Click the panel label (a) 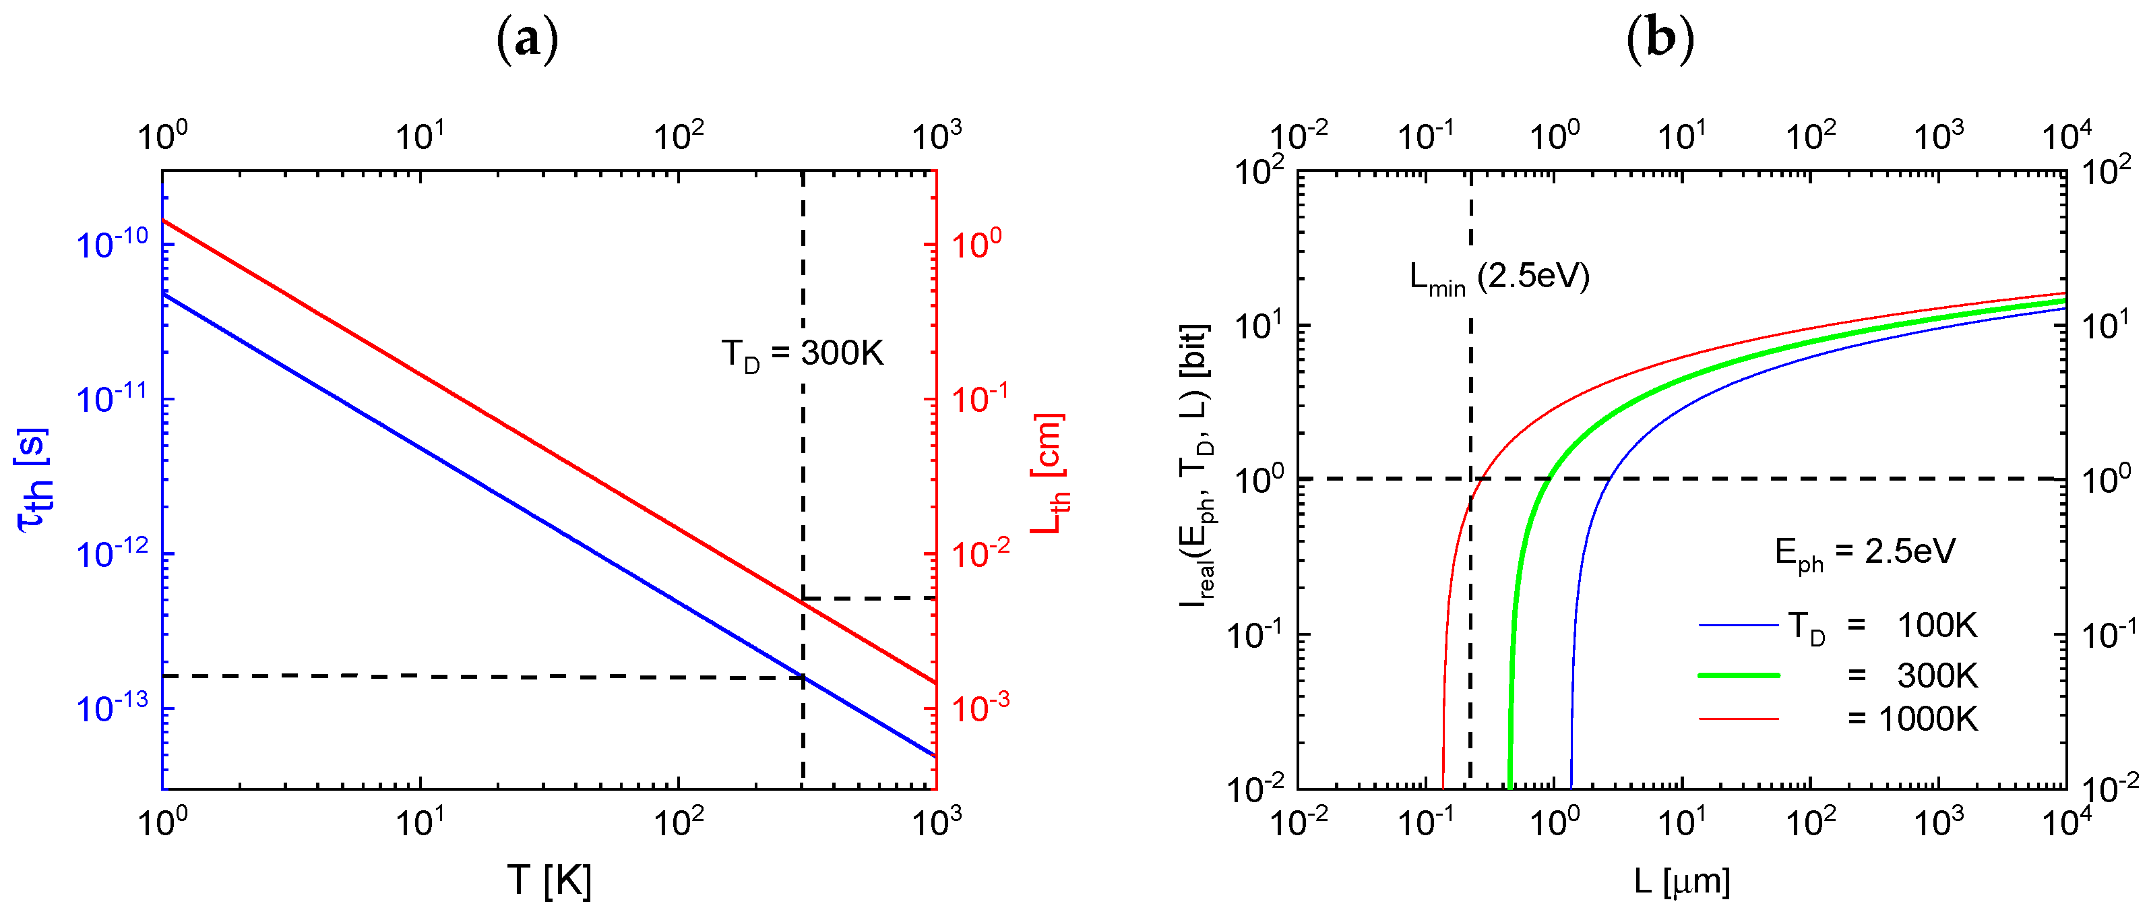coord(527,40)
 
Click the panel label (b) coord(1660,40)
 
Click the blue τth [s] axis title coord(34,480)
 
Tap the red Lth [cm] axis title coord(1049,474)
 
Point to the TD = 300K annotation coord(802,354)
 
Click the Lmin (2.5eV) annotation coord(1499,277)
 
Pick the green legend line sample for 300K coord(1739,674)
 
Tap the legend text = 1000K coord(1912,719)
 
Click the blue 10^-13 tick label coord(112,708)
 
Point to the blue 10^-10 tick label coord(112,245)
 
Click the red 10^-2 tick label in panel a coord(980,553)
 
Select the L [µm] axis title coord(1681,880)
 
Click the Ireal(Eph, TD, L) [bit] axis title coord(1196,467)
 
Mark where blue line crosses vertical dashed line coord(803,676)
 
